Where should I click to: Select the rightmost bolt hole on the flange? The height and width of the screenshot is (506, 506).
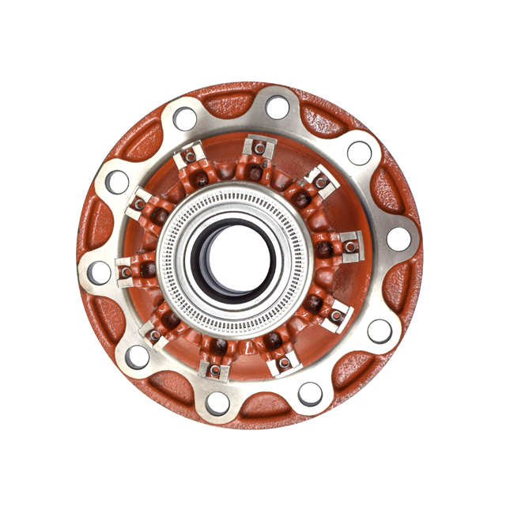[398, 238]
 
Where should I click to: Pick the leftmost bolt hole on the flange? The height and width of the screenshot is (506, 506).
[100, 273]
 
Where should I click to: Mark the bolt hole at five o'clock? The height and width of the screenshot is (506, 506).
[310, 393]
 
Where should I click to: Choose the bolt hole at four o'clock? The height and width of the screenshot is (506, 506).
[379, 330]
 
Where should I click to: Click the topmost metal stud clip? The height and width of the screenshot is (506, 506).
[255, 148]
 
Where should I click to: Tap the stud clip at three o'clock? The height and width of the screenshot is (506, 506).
[350, 244]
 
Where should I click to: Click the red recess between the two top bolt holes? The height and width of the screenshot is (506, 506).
[231, 101]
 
